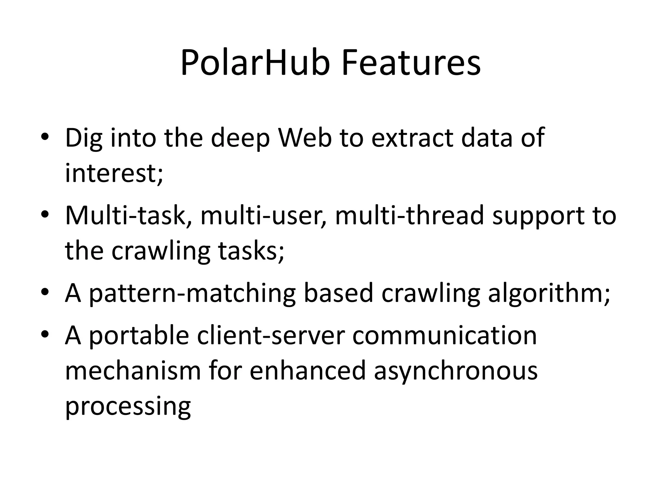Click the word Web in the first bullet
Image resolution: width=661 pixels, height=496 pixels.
tap(305, 138)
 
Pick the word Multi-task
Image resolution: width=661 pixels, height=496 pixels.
tap(126, 216)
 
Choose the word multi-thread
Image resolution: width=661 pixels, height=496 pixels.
tap(410, 216)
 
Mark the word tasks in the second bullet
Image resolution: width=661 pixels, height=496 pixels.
tap(248, 251)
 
